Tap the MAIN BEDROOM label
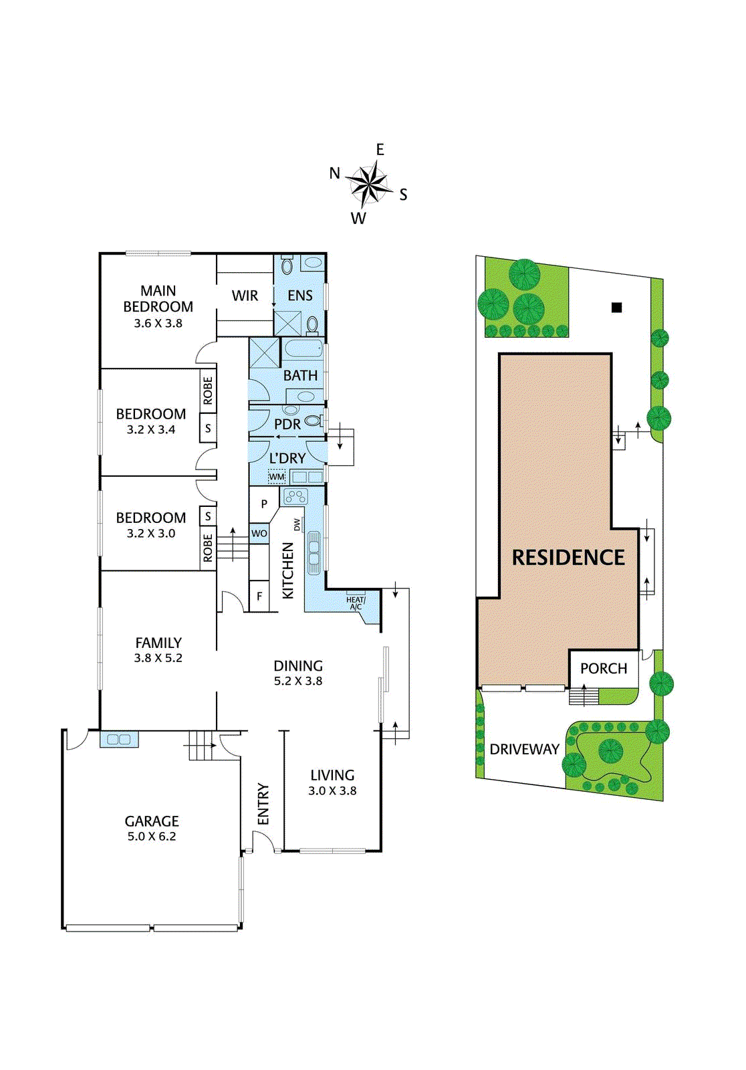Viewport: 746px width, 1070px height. (x=158, y=299)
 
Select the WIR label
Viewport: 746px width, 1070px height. (x=245, y=296)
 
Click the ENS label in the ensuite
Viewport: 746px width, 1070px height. (x=300, y=296)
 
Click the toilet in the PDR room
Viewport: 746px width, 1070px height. (x=312, y=421)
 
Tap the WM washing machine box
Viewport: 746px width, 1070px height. (x=277, y=477)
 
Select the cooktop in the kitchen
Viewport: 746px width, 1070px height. (x=295, y=496)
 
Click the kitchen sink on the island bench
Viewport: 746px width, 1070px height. (x=314, y=552)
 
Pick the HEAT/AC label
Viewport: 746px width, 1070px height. (x=356, y=603)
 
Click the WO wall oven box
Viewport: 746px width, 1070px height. (x=259, y=533)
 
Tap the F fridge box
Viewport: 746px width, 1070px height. (x=259, y=596)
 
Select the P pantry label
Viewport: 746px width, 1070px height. (x=264, y=504)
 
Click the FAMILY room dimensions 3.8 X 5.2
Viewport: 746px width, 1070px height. (x=158, y=658)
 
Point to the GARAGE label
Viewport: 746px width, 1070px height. (x=152, y=821)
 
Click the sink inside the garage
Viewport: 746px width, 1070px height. (x=119, y=740)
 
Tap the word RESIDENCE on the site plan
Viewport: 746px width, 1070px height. (x=568, y=558)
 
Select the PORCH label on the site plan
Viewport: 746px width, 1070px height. (x=604, y=669)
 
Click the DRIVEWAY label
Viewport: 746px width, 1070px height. (x=524, y=750)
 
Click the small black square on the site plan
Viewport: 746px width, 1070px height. (x=617, y=308)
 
